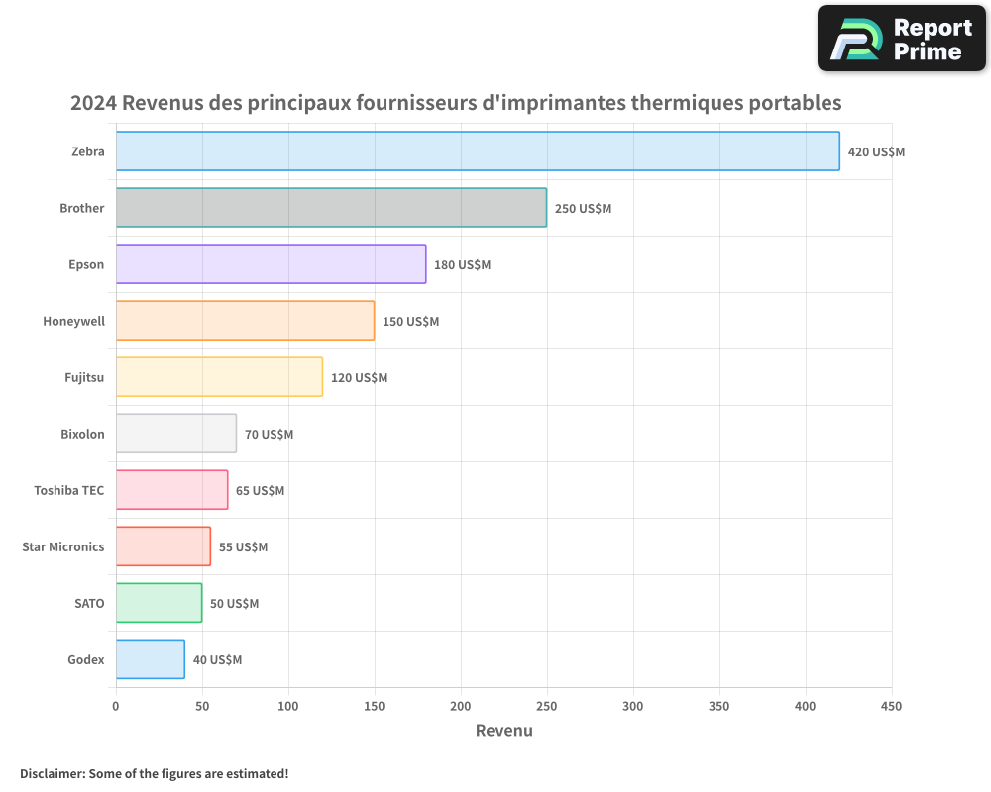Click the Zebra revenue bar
[478, 151]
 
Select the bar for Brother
[331, 208]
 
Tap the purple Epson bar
[271, 264]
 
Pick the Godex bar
[151, 659]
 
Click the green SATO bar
[159, 603]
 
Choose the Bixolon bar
[176, 434]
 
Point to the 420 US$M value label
[876, 152]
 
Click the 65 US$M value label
[260, 491]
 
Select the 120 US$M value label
[359, 378]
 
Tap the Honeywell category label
[73, 321]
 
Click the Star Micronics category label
[63, 546]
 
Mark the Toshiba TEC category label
[69, 490]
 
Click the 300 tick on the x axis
[633, 706]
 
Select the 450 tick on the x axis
[892, 706]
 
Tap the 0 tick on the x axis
[116, 706]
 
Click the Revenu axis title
[503, 731]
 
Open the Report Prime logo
[901, 39]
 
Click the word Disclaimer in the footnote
[52, 773]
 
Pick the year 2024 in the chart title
[93, 103]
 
